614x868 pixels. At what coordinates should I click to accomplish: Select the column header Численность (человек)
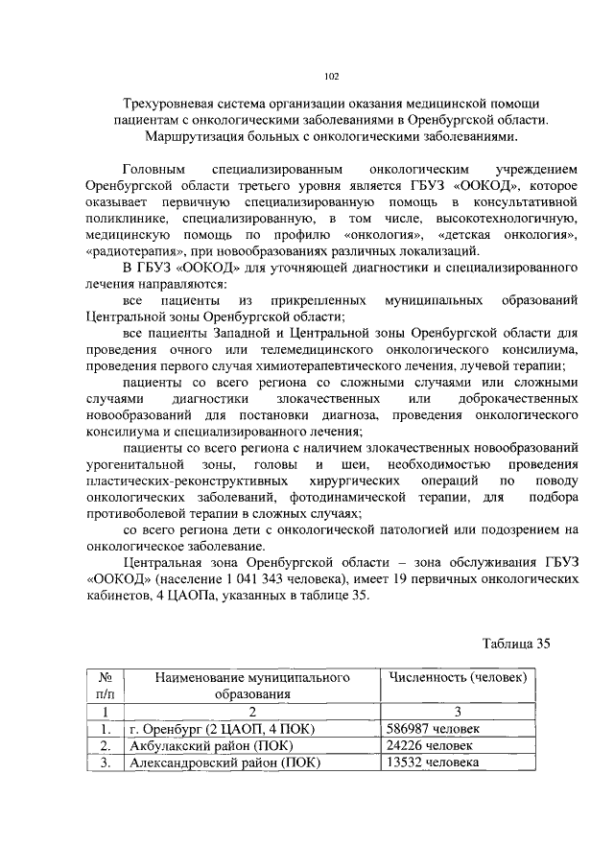click(458, 678)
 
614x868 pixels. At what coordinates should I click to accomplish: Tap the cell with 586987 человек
click(429, 728)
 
